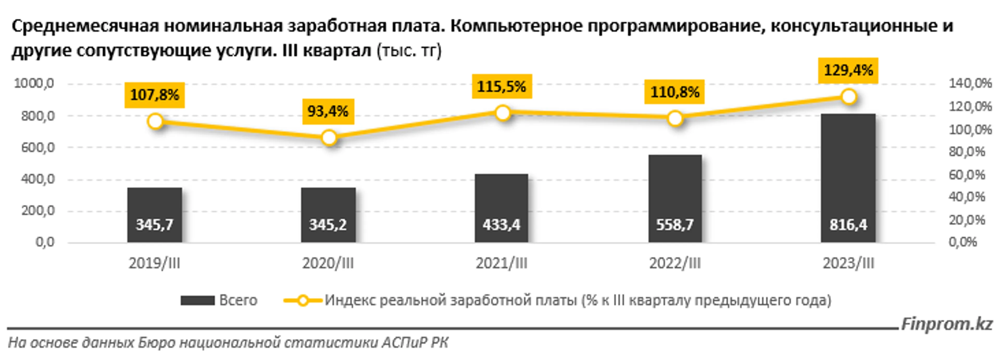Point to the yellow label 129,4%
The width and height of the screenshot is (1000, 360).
(x=848, y=71)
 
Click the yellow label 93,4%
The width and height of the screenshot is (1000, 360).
(x=328, y=112)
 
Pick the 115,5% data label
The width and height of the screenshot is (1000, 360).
(x=502, y=86)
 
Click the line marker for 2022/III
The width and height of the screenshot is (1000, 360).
(x=675, y=119)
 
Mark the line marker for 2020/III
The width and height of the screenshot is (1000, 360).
(x=329, y=138)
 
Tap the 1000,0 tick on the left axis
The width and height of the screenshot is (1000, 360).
(x=34, y=84)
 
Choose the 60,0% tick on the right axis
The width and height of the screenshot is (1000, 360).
(x=967, y=175)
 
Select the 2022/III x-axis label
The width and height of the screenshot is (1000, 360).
(x=675, y=264)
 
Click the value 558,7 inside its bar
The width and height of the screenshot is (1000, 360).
(x=675, y=225)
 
